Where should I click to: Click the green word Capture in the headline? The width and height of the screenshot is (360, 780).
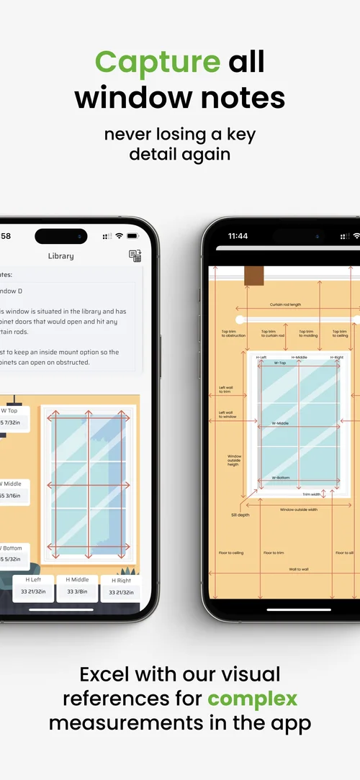pos(157,62)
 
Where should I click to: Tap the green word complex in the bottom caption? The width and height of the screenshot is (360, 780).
pos(252,698)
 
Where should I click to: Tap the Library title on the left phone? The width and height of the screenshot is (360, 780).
pos(60,255)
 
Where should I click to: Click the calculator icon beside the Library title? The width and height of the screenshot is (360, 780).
pos(135,255)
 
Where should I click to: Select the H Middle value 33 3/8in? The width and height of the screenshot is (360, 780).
pos(77,591)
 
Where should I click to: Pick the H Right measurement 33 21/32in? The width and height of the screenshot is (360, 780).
pos(120,592)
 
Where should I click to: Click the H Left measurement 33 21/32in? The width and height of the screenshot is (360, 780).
pos(33,591)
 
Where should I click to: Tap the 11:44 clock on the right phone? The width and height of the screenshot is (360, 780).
pos(238,236)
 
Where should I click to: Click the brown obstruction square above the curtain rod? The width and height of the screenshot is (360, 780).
pos(253,276)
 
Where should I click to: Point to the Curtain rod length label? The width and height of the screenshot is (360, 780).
pos(285,305)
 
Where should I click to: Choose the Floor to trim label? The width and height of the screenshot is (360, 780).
pos(274,553)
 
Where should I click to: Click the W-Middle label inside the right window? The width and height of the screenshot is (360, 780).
pos(280,423)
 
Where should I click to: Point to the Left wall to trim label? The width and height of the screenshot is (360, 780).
pos(226,390)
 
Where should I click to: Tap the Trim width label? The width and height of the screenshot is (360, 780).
pos(311,494)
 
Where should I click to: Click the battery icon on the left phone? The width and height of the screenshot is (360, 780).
pos(132,236)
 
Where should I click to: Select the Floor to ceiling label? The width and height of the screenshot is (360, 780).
pos(231,553)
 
